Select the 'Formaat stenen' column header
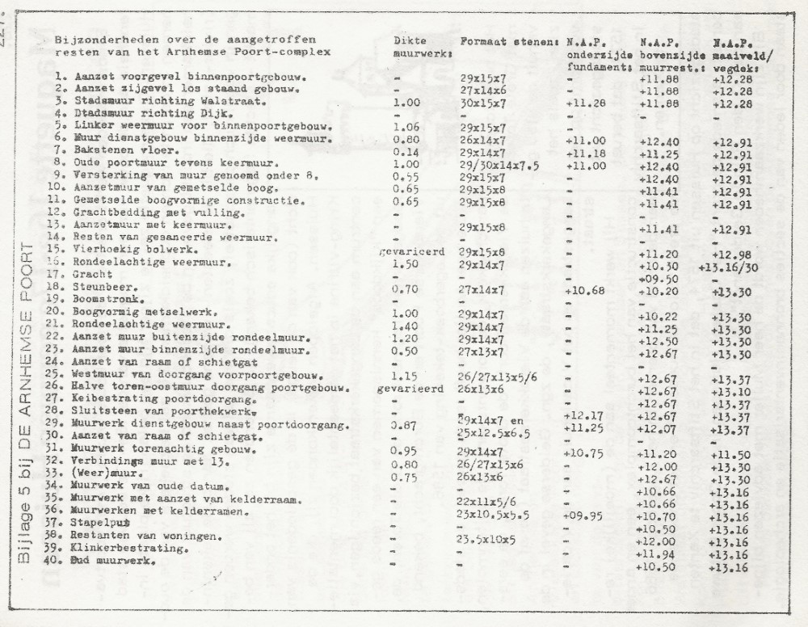pos(510,40)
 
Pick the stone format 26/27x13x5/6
pos(494,376)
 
